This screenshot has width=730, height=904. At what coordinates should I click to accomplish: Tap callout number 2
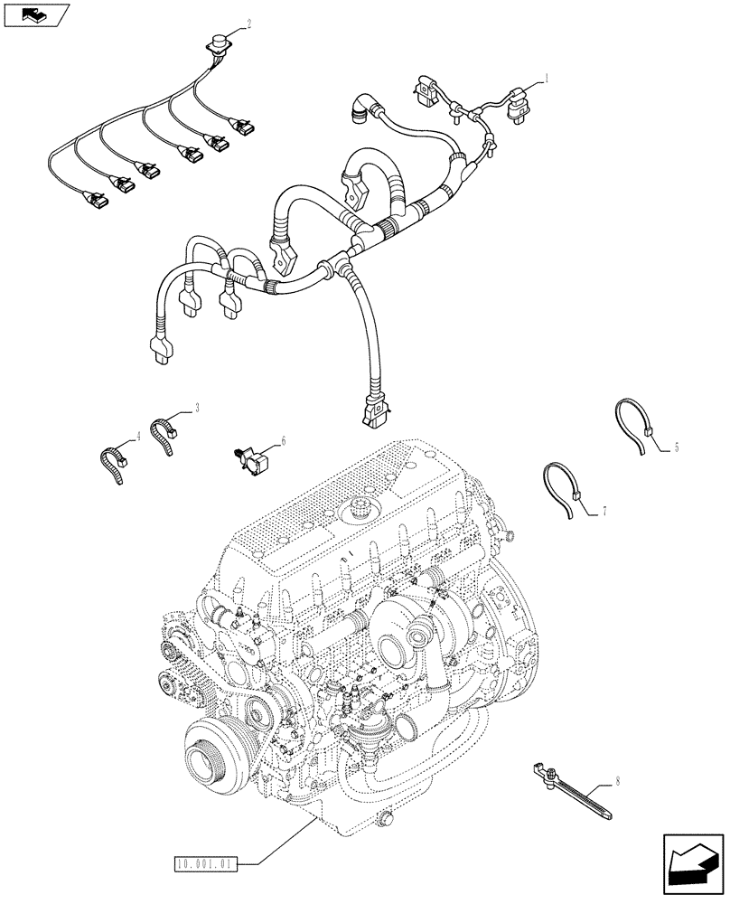coord(248,25)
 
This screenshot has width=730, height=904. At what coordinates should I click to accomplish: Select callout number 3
coord(196,409)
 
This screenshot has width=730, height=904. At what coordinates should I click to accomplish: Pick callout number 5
coord(675,447)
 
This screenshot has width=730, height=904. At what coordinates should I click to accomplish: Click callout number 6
coord(283,440)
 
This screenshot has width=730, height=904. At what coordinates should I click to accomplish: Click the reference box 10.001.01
coord(205,864)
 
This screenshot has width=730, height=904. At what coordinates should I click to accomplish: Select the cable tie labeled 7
coord(563,489)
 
